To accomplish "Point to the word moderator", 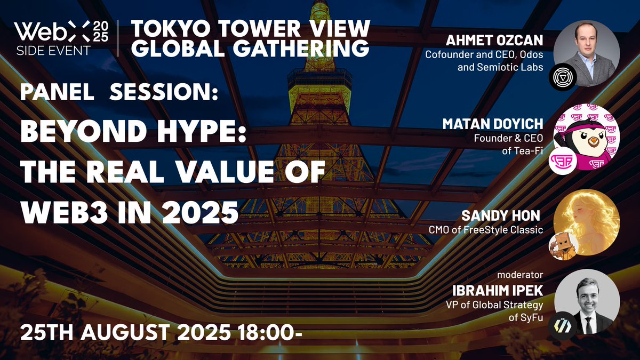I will (x=520, y=276).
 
